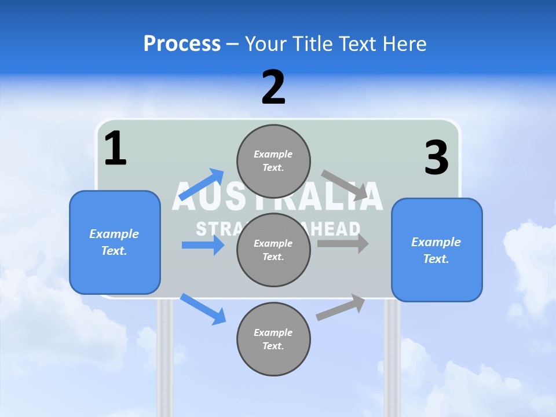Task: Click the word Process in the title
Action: [182, 44]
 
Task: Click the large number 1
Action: [115, 148]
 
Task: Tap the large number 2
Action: [273, 87]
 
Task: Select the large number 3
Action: [436, 158]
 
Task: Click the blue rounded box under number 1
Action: [115, 242]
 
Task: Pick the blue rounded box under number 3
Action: [437, 250]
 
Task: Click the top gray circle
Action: [273, 161]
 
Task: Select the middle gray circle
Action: [273, 250]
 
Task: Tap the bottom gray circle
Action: [273, 339]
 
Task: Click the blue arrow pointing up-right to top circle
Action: [202, 185]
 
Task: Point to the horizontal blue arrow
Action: [203, 245]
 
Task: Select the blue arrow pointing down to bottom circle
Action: [203, 309]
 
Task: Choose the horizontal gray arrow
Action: [343, 243]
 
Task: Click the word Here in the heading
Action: [403, 44]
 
